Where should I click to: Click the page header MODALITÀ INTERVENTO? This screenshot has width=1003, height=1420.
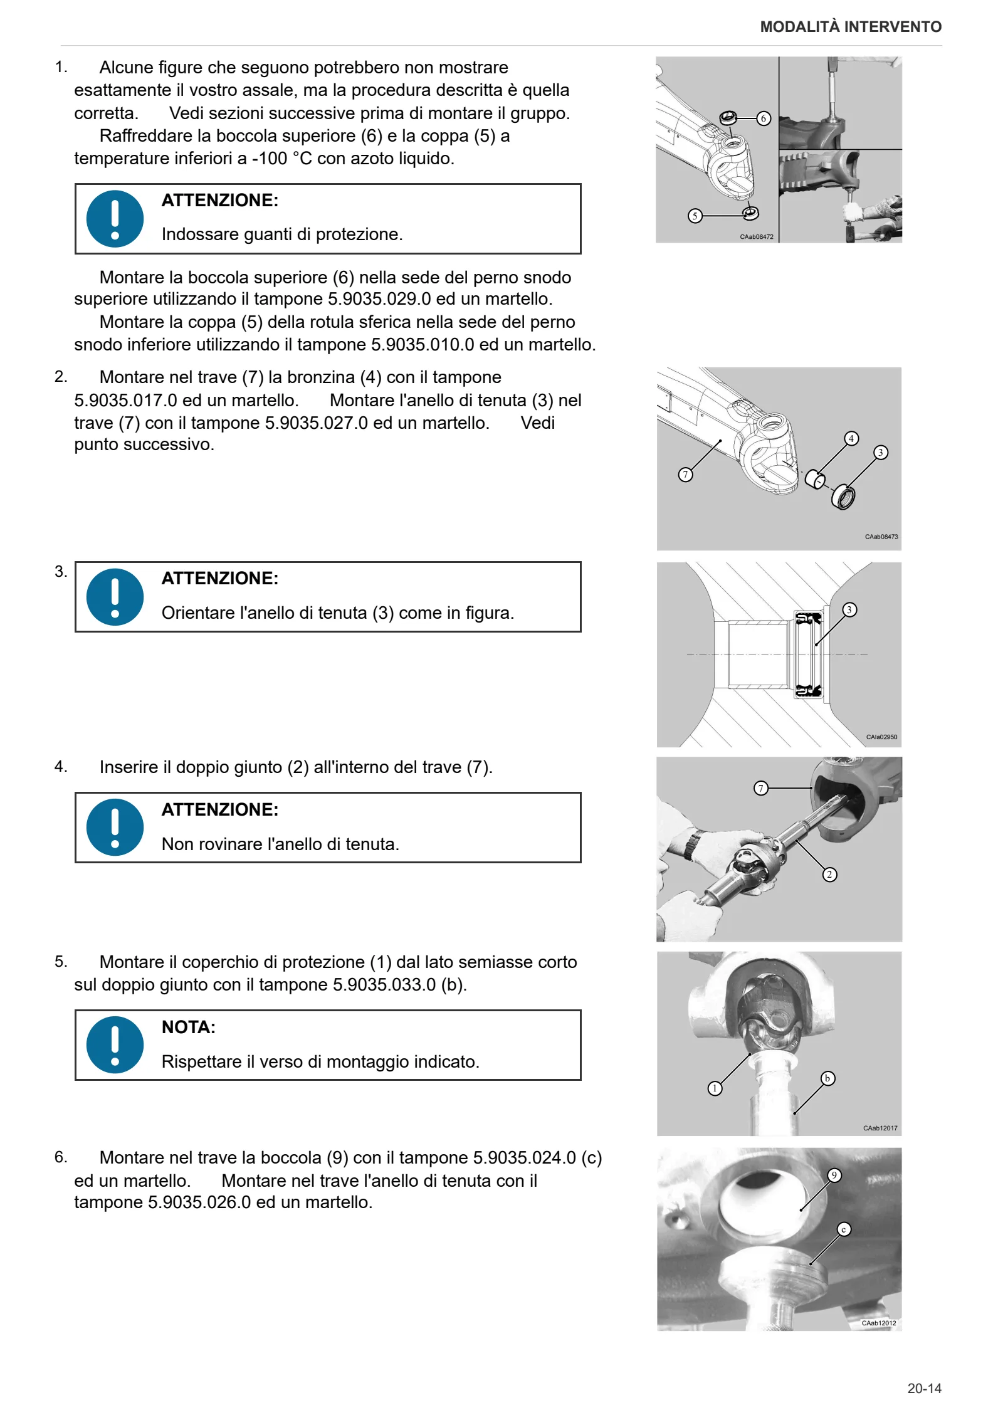pyautogui.click(x=851, y=27)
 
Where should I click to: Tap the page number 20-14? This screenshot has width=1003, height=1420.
pyautogui.click(x=924, y=1388)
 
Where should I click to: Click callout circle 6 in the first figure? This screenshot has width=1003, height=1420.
pyautogui.click(x=763, y=118)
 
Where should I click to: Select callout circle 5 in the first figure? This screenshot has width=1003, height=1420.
pyautogui.click(x=695, y=216)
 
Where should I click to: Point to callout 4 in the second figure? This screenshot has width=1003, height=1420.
pyautogui.click(x=851, y=438)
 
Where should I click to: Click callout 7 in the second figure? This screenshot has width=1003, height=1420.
pyautogui.click(x=686, y=475)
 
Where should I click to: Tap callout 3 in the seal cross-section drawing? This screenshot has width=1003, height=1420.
pyautogui.click(x=849, y=609)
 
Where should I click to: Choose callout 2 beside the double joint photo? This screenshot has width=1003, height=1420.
pyautogui.click(x=829, y=874)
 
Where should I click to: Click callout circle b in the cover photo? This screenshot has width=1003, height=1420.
pyautogui.click(x=827, y=1078)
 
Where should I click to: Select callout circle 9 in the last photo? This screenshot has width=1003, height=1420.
pyautogui.click(x=834, y=1175)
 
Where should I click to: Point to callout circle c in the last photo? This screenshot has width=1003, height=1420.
pyautogui.click(x=844, y=1229)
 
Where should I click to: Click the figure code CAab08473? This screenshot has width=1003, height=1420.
pyautogui.click(x=881, y=537)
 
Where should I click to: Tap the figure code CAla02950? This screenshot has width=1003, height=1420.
pyautogui.click(x=881, y=737)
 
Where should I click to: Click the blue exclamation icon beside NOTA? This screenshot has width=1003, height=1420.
pyautogui.click(x=115, y=1045)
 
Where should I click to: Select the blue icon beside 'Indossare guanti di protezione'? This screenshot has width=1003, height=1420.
pyautogui.click(x=115, y=219)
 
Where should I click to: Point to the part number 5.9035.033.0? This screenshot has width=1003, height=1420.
pyautogui.click(x=384, y=985)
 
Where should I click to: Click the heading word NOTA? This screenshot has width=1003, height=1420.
pyautogui.click(x=189, y=1027)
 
